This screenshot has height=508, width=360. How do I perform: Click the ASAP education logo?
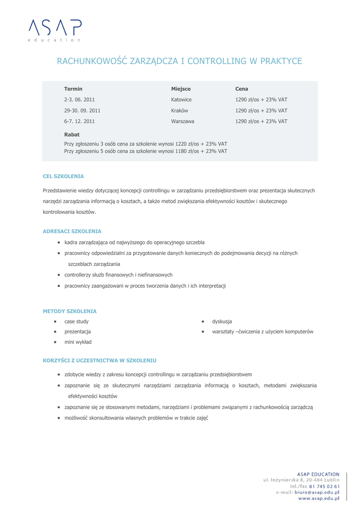(x=55, y=29)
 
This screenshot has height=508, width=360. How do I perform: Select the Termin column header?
(x=73, y=89)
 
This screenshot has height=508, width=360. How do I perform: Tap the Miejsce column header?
(x=181, y=89)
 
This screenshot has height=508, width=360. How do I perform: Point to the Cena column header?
(x=241, y=89)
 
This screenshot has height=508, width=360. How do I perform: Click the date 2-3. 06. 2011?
(x=79, y=99)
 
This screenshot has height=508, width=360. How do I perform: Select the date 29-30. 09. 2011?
(x=82, y=110)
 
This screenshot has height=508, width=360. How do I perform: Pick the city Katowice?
(x=181, y=99)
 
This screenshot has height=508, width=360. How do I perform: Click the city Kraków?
(x=179, y=110)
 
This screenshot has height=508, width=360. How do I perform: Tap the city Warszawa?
(x=182, y=121)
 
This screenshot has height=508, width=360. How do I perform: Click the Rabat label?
(x=72, y=134)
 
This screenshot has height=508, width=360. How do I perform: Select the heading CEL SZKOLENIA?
(x=63, y=176)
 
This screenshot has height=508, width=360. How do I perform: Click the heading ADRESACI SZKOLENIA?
(x=72, y=231)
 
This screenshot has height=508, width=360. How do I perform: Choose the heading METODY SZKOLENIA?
(x=70, y=311)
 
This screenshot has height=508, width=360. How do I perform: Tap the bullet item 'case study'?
(x=76, y=321)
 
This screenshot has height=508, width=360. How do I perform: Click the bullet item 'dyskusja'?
(x=222, y=321)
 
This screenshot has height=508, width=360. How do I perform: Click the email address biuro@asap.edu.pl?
(x=316, y=492)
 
